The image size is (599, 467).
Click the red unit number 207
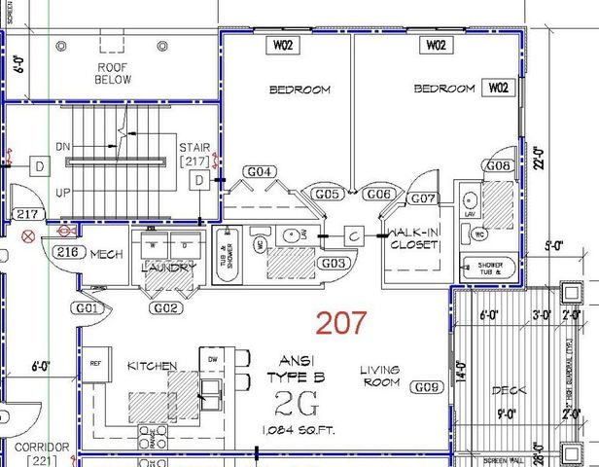[341, 323]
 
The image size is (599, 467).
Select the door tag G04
[259, 172]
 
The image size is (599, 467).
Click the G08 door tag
[498, 166]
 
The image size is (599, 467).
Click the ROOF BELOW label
[113, 73]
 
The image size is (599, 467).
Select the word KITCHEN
[153, 366]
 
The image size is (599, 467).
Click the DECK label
[509, 389]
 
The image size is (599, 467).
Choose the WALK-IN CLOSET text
[414, 239]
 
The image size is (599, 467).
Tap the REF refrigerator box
[95, 363]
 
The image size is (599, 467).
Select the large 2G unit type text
[294, 403]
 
